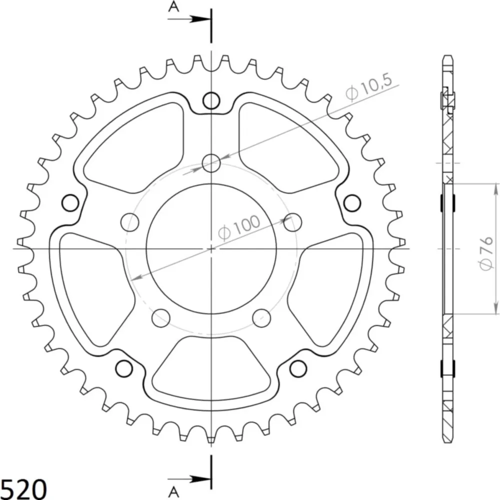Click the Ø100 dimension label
point(239,227)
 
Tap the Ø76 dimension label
point(486,253)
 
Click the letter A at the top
point(173,6)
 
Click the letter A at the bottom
point(173,492)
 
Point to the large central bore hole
point(211,249)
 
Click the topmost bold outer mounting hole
point(211,101)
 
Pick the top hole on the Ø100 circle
point(211,163)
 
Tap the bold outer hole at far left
point(70,203)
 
